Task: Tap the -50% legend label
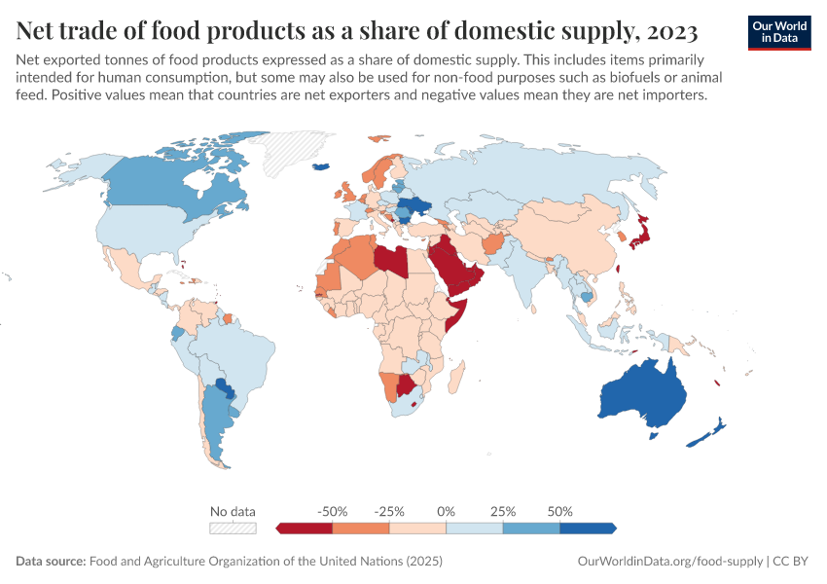click(x=333, y=511)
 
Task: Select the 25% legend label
click(x=503, y=511)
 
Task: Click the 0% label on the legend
click(x=447, y=511)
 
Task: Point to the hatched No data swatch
click(x=234, y=528)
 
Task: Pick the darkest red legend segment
click(x=306, y=528)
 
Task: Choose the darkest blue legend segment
click(x=588, y=528)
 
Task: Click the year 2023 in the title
click(x=670, y=32)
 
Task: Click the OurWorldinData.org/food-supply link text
click(x=669, y=562)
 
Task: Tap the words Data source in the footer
click(x=51, y=562)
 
